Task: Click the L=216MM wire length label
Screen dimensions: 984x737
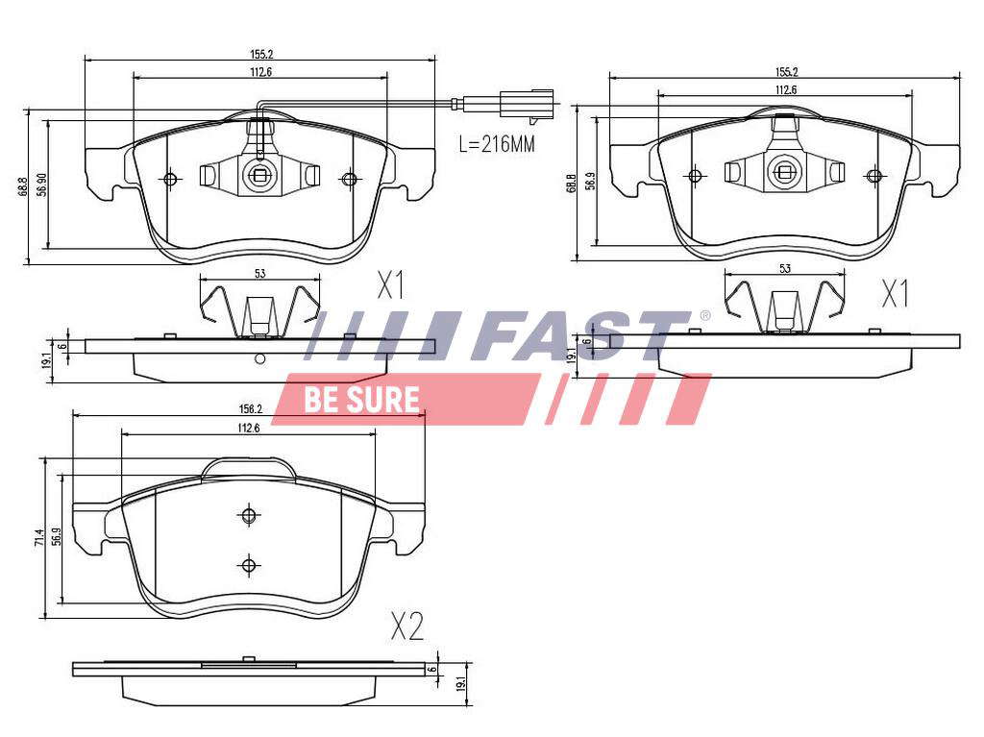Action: tap(497, 144)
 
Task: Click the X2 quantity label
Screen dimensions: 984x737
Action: tap(407, 626)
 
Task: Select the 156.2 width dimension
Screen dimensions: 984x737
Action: tap(250, 409)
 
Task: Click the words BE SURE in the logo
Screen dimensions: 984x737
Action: tap(361, 400)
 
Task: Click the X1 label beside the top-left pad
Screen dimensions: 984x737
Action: tap(390, 285)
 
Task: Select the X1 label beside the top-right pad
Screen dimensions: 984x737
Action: tap(895, 294)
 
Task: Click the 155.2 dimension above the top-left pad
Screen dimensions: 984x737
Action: tap(260, 55)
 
